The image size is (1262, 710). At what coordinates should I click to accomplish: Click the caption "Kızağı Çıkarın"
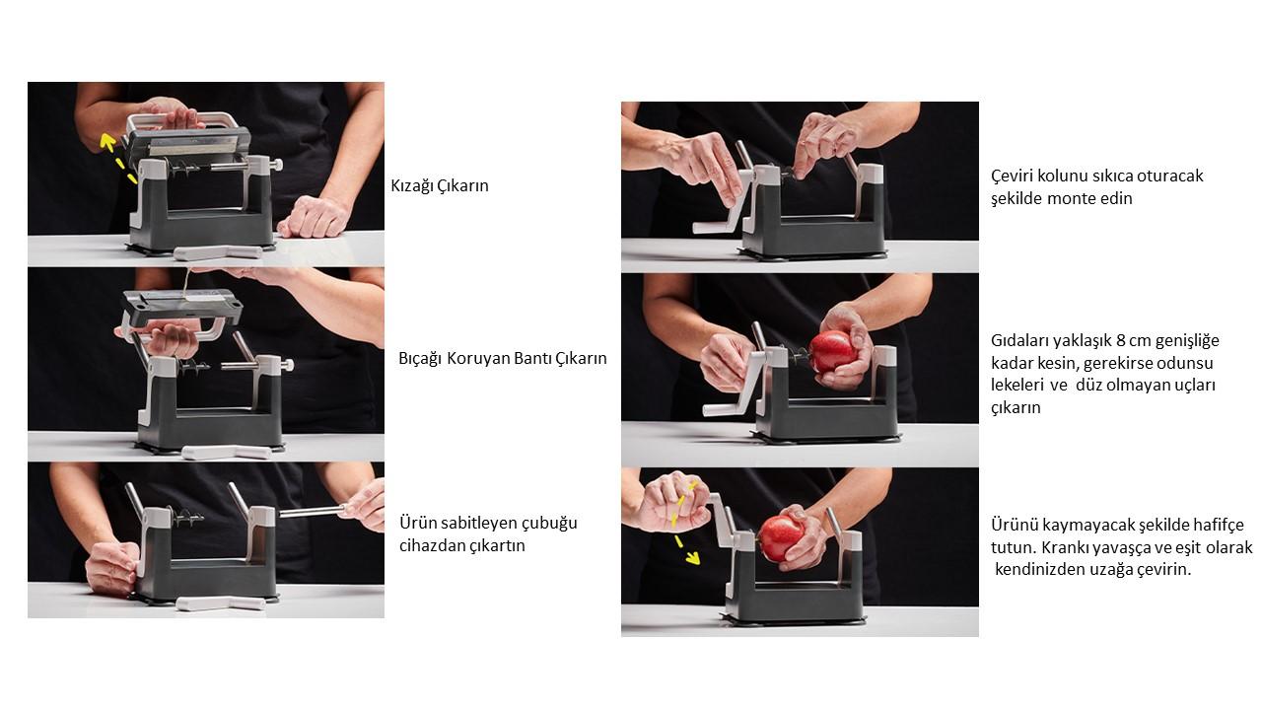click(440, 186)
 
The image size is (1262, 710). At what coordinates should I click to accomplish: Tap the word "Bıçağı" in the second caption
click(420, 359)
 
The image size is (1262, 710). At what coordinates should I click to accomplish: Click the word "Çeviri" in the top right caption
click(1012, 176)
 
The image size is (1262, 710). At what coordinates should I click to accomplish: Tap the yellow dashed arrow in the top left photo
click(117, 158)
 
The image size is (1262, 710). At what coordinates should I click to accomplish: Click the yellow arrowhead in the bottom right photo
click(693, 558)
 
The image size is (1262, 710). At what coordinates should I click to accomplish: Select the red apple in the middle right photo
click(833, 351)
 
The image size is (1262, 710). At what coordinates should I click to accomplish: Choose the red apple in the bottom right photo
click(782, 537)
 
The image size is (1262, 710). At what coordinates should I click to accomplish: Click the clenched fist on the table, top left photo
click(314, 217)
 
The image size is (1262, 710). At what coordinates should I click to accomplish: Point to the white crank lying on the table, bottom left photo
click(220, 603)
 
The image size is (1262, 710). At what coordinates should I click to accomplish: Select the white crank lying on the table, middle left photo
click(227, 452)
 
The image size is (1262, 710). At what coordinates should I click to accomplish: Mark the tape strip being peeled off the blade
click(186, 286)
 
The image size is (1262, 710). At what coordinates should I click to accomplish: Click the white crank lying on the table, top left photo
click(218, 252)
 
